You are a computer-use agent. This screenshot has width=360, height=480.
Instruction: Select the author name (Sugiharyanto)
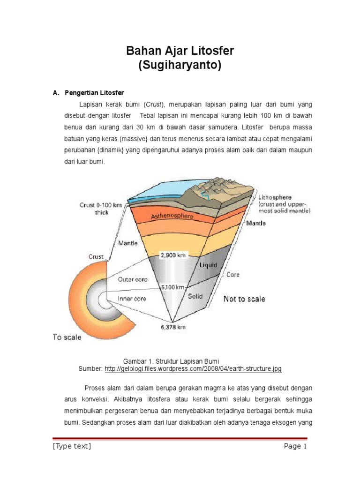coord(180,66)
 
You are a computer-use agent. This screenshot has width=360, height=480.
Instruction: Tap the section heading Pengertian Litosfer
coord(94,92)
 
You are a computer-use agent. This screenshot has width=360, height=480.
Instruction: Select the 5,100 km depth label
coord(172,287)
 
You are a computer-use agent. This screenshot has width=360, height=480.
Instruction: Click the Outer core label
coord(133,279)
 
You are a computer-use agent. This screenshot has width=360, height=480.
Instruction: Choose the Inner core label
coord(132,298)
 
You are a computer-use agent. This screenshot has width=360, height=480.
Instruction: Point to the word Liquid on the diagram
coord(208,265)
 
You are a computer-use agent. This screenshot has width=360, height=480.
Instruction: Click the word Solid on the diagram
coord(195,296)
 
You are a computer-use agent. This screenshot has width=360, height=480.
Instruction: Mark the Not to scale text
coord(244,299)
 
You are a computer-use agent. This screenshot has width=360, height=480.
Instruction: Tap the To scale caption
coord(67,337)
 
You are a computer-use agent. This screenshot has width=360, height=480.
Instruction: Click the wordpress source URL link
coord(193,369)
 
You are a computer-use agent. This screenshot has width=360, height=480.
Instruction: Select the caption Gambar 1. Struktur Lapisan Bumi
coord(171,361)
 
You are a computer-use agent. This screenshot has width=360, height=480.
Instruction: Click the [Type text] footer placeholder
coord(72,446)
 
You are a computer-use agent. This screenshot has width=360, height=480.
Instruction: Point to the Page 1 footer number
coord(295,446)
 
